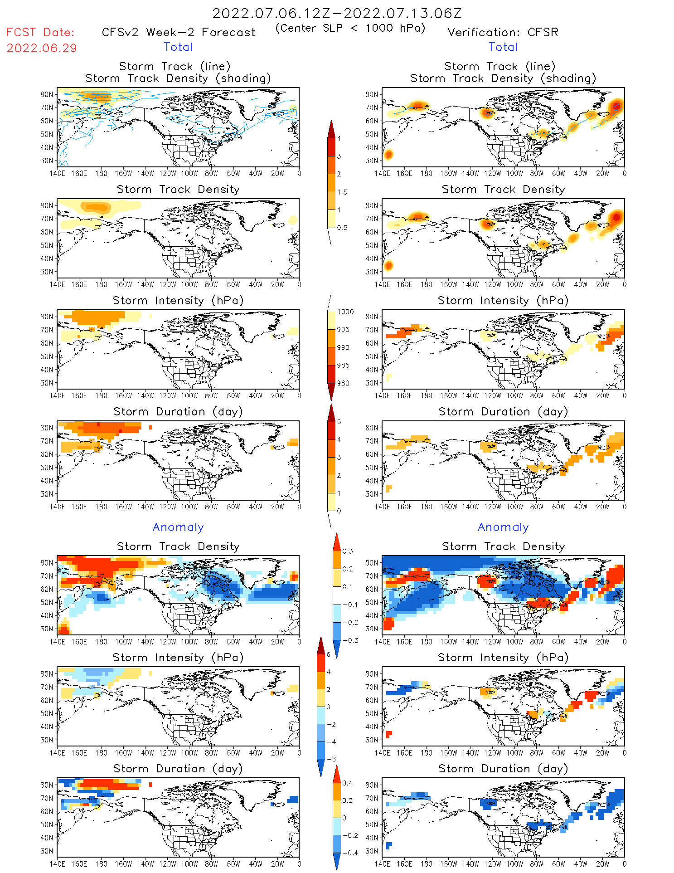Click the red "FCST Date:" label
pos(40,32)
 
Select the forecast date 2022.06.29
pos(42,48)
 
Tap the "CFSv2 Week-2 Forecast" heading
pos(179,32)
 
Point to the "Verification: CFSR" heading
pos(503,32)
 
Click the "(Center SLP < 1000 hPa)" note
pos(350,28)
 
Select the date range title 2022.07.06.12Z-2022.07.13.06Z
pos(337,13)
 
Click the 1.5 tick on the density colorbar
pos(342,192)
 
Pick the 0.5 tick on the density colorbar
pos(342,228)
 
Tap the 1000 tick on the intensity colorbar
pos(345,312)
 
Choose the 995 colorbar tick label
pos(343,330)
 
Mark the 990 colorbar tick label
pos(343,347)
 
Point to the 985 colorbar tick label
pos(343,365)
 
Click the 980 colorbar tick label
pos(343,383)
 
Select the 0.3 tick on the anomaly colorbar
pos(347,551)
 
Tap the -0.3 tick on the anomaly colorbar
pos(350,640)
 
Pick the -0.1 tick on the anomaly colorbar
pos(350,605)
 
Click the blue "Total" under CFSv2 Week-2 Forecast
pos(178,47)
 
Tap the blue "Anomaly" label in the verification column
pos(503,527)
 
